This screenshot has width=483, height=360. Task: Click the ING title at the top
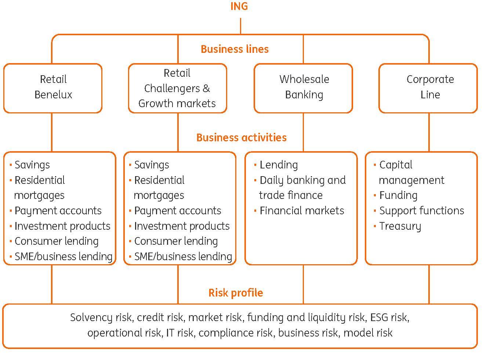click(x=239, y=7)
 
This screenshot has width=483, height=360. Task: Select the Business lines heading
click(x=235, y=49)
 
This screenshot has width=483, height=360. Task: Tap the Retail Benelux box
click(x=53, y=87)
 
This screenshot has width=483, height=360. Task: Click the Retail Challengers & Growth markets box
click(x=177, y=88)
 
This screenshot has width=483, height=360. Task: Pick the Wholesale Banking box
click(x=304, y=87)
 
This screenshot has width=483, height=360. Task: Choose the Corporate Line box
click(x=429, y=87)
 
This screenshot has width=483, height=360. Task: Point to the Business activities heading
click(x=241, y=137)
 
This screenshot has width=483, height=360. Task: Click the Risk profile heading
click(x=236, y=293)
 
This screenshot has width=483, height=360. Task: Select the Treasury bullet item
click(x=400, y=226)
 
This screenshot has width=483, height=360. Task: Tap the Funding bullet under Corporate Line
click(x=398, y=195)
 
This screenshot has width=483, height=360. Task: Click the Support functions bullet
click(x=421, y=211)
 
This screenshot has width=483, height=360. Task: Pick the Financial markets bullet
click(x=302, y=211)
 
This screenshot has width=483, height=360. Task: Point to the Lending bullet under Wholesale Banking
click(x=279, y=165)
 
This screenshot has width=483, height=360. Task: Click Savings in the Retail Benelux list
click(x=32, y=165)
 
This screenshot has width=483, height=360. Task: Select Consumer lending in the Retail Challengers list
click(x=176, y=241)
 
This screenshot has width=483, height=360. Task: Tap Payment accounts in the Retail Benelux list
click(x=58, y=211)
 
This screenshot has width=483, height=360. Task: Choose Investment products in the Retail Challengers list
click(x=182, y=226)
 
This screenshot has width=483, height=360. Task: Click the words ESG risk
click(x=389, y=317)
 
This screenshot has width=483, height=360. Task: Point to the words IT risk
click(x=179, y=333)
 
